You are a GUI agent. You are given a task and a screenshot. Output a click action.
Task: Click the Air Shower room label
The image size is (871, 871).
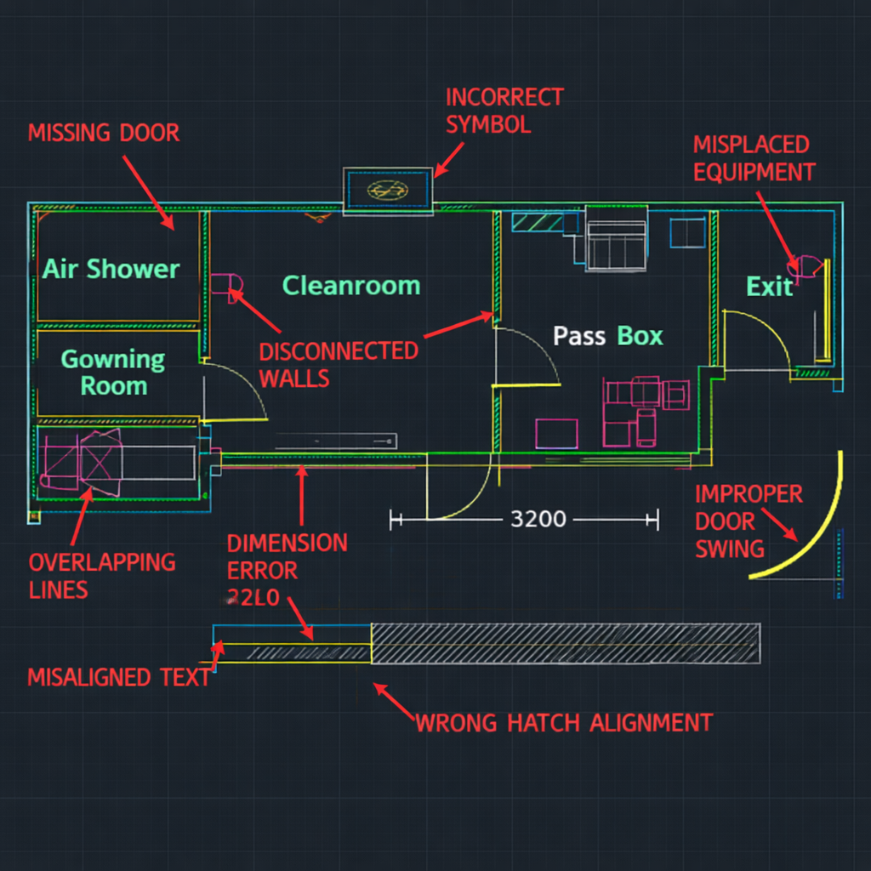[111, 269]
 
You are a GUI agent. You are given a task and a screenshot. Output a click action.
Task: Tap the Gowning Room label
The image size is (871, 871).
[112, 373]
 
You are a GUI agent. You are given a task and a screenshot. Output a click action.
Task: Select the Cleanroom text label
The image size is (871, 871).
[351, 286]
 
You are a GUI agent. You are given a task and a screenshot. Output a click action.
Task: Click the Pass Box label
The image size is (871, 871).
[607, 336]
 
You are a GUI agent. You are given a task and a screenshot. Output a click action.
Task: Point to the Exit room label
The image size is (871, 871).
[769, 287]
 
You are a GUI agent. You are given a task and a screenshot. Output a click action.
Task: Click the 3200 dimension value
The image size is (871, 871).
[538, 519]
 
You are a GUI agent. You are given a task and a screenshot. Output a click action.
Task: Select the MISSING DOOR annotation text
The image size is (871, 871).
[104, 134]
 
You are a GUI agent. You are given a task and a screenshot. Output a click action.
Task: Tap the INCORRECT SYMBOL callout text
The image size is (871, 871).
[504, 111]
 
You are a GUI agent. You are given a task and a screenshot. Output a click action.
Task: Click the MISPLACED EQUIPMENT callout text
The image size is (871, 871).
[754, 158]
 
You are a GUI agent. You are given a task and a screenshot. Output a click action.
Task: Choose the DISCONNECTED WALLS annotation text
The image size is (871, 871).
[339, 365]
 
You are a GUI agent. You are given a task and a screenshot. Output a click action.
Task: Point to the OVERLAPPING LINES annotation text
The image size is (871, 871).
[102, 576]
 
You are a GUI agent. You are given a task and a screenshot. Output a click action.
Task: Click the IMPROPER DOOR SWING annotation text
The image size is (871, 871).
[748, 521]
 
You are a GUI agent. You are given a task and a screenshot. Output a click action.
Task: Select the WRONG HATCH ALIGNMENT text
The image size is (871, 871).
[563, 724]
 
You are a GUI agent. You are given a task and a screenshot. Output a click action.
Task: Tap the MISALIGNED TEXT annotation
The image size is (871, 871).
[118, 678]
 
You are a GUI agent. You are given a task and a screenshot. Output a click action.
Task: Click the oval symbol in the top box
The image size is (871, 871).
[388, 191]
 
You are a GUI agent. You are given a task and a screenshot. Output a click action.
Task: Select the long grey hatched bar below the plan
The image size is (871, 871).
[565, 643]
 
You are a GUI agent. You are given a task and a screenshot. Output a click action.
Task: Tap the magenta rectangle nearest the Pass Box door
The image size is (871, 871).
[556, 434]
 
